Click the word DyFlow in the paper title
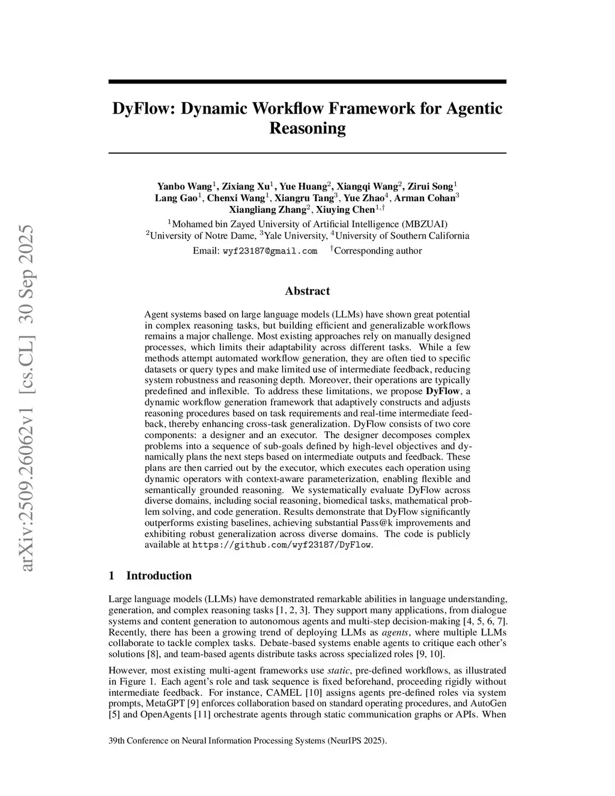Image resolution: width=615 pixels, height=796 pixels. click(x=142, y=109)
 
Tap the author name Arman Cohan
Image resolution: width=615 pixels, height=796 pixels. click(x=428, y=198)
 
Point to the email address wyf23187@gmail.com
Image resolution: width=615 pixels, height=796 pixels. click(x=270, y=251)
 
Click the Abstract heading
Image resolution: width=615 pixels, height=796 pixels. click(x=307, y=291)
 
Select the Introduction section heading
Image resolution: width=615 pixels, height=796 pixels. click(x=159, y=576)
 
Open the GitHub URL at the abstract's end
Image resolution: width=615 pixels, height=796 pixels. click(x=282, y=545)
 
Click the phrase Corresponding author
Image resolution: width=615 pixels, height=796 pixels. click(x=378, y=251)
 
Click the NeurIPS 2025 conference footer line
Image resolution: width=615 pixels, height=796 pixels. click(x=247, y=741)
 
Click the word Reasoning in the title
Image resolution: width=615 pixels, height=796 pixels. click(x=307, y=129)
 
